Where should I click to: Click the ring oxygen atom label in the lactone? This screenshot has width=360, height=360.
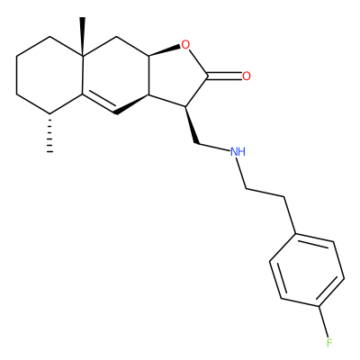pos(186,45)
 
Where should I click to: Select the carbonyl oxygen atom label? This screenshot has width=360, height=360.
pos(247,76)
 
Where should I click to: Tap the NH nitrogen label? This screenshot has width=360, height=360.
pos(238,152)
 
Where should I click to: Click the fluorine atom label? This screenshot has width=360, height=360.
pos(329,343)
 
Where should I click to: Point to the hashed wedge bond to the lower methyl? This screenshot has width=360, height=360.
pos(50,133)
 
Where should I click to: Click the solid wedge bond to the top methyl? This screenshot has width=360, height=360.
pos(82,37)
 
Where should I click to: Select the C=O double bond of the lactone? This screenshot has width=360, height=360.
pos(224,76)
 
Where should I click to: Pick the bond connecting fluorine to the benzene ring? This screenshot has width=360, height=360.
pos(323,321)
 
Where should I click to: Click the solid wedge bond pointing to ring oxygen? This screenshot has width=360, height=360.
pos(165,51)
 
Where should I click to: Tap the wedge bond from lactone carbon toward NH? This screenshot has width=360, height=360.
pos(192,125)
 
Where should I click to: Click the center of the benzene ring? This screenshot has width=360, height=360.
pos(307,270)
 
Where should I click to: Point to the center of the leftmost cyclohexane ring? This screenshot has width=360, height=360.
pos(49,76)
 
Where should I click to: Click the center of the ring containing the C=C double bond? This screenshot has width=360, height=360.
pos(115,76)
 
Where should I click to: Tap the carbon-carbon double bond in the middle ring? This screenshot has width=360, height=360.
pos(99,103)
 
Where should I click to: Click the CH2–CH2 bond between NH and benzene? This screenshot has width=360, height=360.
pos(265,193)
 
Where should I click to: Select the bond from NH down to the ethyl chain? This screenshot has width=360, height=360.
pos(241,173)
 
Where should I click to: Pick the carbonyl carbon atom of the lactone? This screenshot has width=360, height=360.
pos(208,76)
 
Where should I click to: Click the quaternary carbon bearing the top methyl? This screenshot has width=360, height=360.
pos(83,56)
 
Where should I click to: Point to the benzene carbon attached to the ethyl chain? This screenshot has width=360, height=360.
pos(295,233)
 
